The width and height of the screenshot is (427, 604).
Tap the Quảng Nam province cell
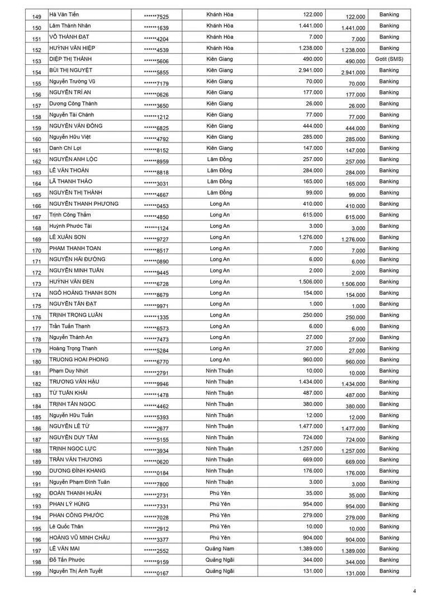[x=220, y=549]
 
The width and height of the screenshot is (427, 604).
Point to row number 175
[x=37, y=306]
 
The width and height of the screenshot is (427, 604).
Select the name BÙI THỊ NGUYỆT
[x=71, y=70]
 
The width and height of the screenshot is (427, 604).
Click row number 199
[x=37, y=573]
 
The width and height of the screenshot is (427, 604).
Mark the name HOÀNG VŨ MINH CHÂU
[x=79, y=537]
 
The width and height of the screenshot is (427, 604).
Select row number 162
[x=37, y=162]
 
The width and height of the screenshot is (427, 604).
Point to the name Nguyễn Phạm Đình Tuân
[x=79, y=482]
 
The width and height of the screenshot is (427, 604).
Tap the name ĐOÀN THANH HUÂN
[x=75, y=493]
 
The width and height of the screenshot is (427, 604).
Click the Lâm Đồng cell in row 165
[x=220, y=192]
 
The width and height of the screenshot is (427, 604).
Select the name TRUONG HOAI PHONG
[x=79, y=360]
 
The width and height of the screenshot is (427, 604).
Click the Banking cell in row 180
[x=389, y=360]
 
